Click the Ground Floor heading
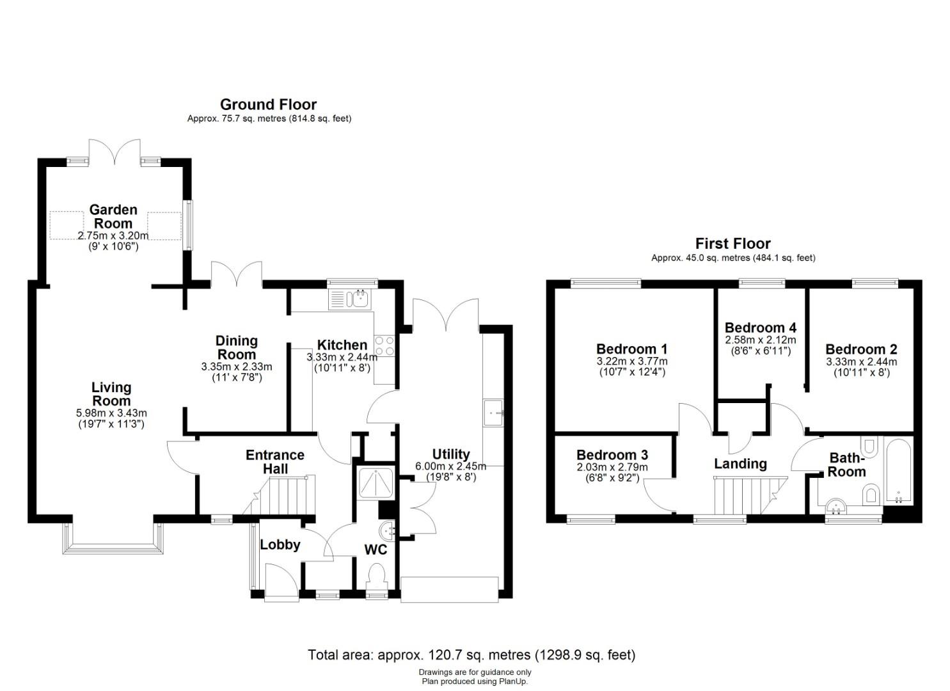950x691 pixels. click(268, 104)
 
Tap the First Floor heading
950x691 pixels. click(733, 244)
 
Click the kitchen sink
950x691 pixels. click(350, 299)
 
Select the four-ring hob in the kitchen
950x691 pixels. click(384, 345)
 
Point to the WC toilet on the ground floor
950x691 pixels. click(377, 576)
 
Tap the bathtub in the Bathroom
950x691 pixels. click(898, 472)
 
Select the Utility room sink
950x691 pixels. click(493, 412)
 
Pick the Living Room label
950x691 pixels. click(111, 393)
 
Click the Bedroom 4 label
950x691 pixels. click(761, 328)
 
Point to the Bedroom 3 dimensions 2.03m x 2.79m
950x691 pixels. click(612, 467)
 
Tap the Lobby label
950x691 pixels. click(280, 544)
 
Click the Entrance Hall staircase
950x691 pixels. click(280, 495)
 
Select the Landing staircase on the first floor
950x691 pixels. click(750, 495)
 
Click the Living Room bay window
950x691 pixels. click(113, 539)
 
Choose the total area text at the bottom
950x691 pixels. click(471, 655)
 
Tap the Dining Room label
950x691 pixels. click(236, 347)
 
